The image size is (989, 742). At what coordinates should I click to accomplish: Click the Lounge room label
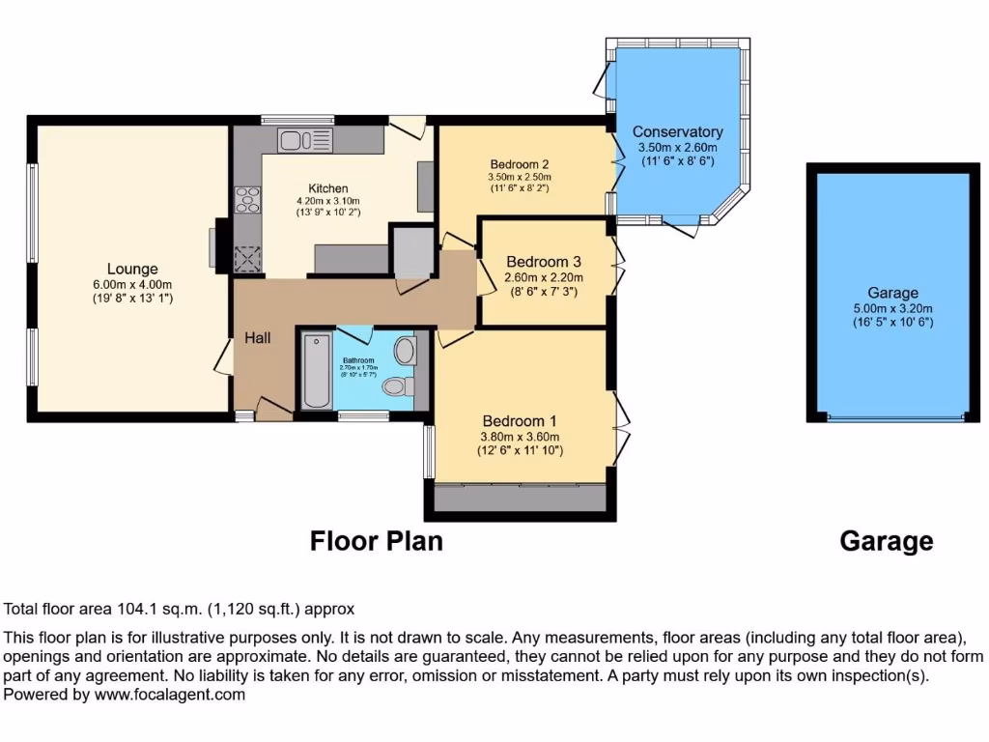click(132, 269)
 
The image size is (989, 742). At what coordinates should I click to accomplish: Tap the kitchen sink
click(303, 141)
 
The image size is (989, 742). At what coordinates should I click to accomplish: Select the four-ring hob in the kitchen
click(247, 199)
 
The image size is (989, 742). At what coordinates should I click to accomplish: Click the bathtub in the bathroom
click(316, 371)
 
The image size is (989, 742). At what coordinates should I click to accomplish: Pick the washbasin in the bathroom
click(405, 350)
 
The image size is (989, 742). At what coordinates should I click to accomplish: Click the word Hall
click(258, 338)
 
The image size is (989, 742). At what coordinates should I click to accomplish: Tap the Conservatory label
click(677, 131)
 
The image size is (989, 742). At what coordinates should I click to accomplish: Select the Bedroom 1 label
click(521, 421)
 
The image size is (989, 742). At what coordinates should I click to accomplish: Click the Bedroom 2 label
click(520, 163)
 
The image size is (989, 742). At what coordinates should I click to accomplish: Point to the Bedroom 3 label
click(544, 262)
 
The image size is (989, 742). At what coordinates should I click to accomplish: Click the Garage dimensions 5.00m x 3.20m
click(893, 308)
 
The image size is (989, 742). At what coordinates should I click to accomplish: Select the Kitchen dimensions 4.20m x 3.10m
click(328, 201)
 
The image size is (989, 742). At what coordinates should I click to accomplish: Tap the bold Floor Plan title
click(377, 541)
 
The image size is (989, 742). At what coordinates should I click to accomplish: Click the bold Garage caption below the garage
click(887, 541)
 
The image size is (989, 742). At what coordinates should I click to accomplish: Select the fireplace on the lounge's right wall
click(217, 246)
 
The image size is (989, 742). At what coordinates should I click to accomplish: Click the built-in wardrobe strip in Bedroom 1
click(520, 498)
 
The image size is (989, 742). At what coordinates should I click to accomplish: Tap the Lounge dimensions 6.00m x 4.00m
click(132, 284)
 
